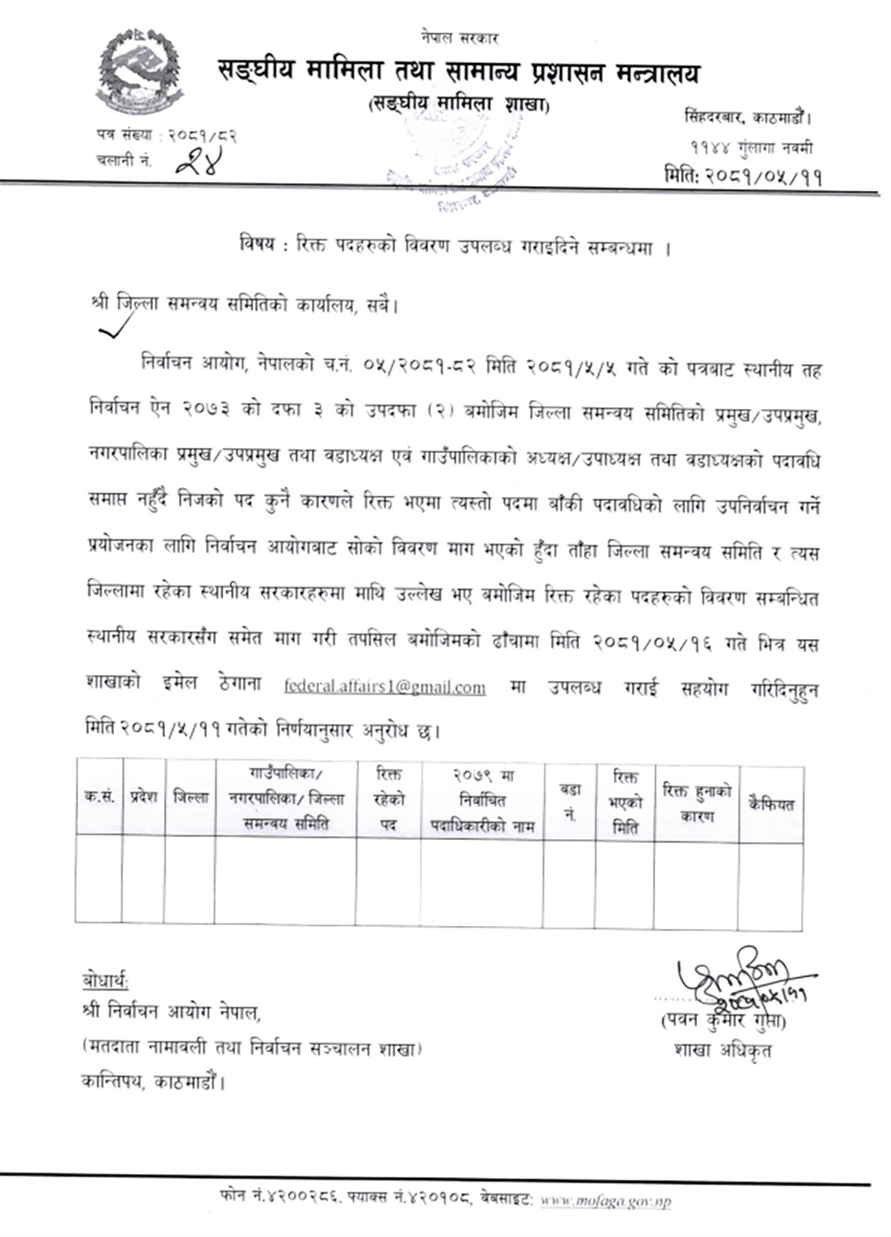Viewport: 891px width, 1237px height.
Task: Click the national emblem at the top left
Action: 139,72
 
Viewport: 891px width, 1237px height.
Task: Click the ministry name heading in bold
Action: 458,73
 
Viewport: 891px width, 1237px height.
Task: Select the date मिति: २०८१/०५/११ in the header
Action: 742,175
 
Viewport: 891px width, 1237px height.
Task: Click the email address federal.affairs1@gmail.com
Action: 385,687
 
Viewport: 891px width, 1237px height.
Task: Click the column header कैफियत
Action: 771,802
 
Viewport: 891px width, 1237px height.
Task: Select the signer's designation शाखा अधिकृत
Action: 723,1050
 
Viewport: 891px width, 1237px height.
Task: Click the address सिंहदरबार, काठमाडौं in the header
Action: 747,117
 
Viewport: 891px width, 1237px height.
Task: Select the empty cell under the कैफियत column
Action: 771,883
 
